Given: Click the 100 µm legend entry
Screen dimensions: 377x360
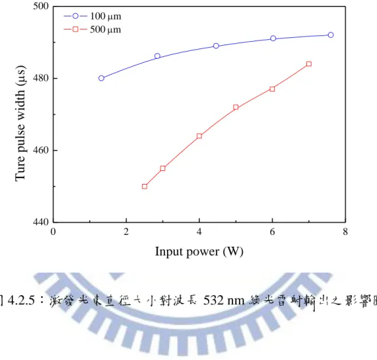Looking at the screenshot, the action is coord(92,16).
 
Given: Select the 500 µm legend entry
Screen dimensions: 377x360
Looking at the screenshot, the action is coord(92,29).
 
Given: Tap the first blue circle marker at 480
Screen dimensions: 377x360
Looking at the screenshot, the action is coord(101,78).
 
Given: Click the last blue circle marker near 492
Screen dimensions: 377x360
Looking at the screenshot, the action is coord(331,35).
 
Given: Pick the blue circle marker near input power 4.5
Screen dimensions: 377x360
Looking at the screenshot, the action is coord(216,46).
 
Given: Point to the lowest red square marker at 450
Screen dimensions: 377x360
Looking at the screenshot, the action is coord(145,187).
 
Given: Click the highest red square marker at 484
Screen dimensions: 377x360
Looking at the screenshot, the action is coord(309,63).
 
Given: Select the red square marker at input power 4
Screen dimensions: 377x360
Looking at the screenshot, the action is coord(199,136).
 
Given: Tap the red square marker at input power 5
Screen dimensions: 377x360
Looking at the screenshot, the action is coord(236,107).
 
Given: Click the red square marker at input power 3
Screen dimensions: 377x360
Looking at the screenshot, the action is coord(162,168).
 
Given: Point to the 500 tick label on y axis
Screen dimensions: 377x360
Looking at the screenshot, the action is coord(41,6).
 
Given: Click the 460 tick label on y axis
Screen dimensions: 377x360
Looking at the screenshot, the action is coord(41,151).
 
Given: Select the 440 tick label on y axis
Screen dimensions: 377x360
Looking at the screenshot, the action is coord(41,222).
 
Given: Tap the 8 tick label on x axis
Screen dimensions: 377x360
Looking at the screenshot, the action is coord(346,232).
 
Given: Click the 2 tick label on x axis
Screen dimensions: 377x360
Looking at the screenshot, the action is coord(126,232).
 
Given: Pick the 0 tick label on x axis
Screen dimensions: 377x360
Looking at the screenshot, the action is coord(53,232).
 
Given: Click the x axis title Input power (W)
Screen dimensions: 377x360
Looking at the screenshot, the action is coord(199,252).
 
